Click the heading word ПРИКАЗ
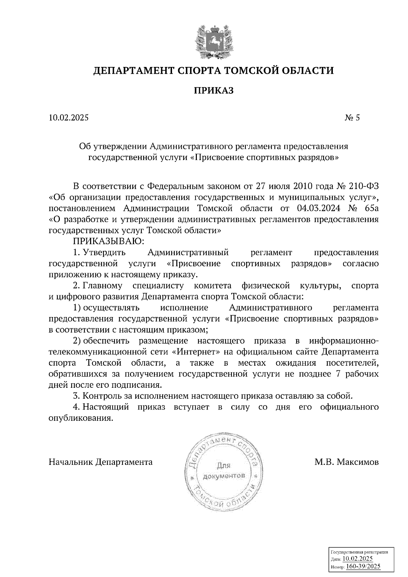pyautogui.click(x=214, y=90)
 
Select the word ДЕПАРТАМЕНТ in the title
pyautogui.click(x=134, y=71)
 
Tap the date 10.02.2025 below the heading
pyautogui.click(x=68, y=118)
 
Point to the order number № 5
pyautogui.click(x=352, y=118)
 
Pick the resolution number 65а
pyautogui.click(x=370, y=208)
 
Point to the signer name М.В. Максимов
pyautogui.click(x=346, y=462)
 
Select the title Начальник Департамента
pyautogui.click(x=101, y=462)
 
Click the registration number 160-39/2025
pyautogui.click(x=363, y=566)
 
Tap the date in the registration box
pyautogui.click(x=357, y=559)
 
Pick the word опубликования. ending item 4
pyautogui.click(x=81, y=418)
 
